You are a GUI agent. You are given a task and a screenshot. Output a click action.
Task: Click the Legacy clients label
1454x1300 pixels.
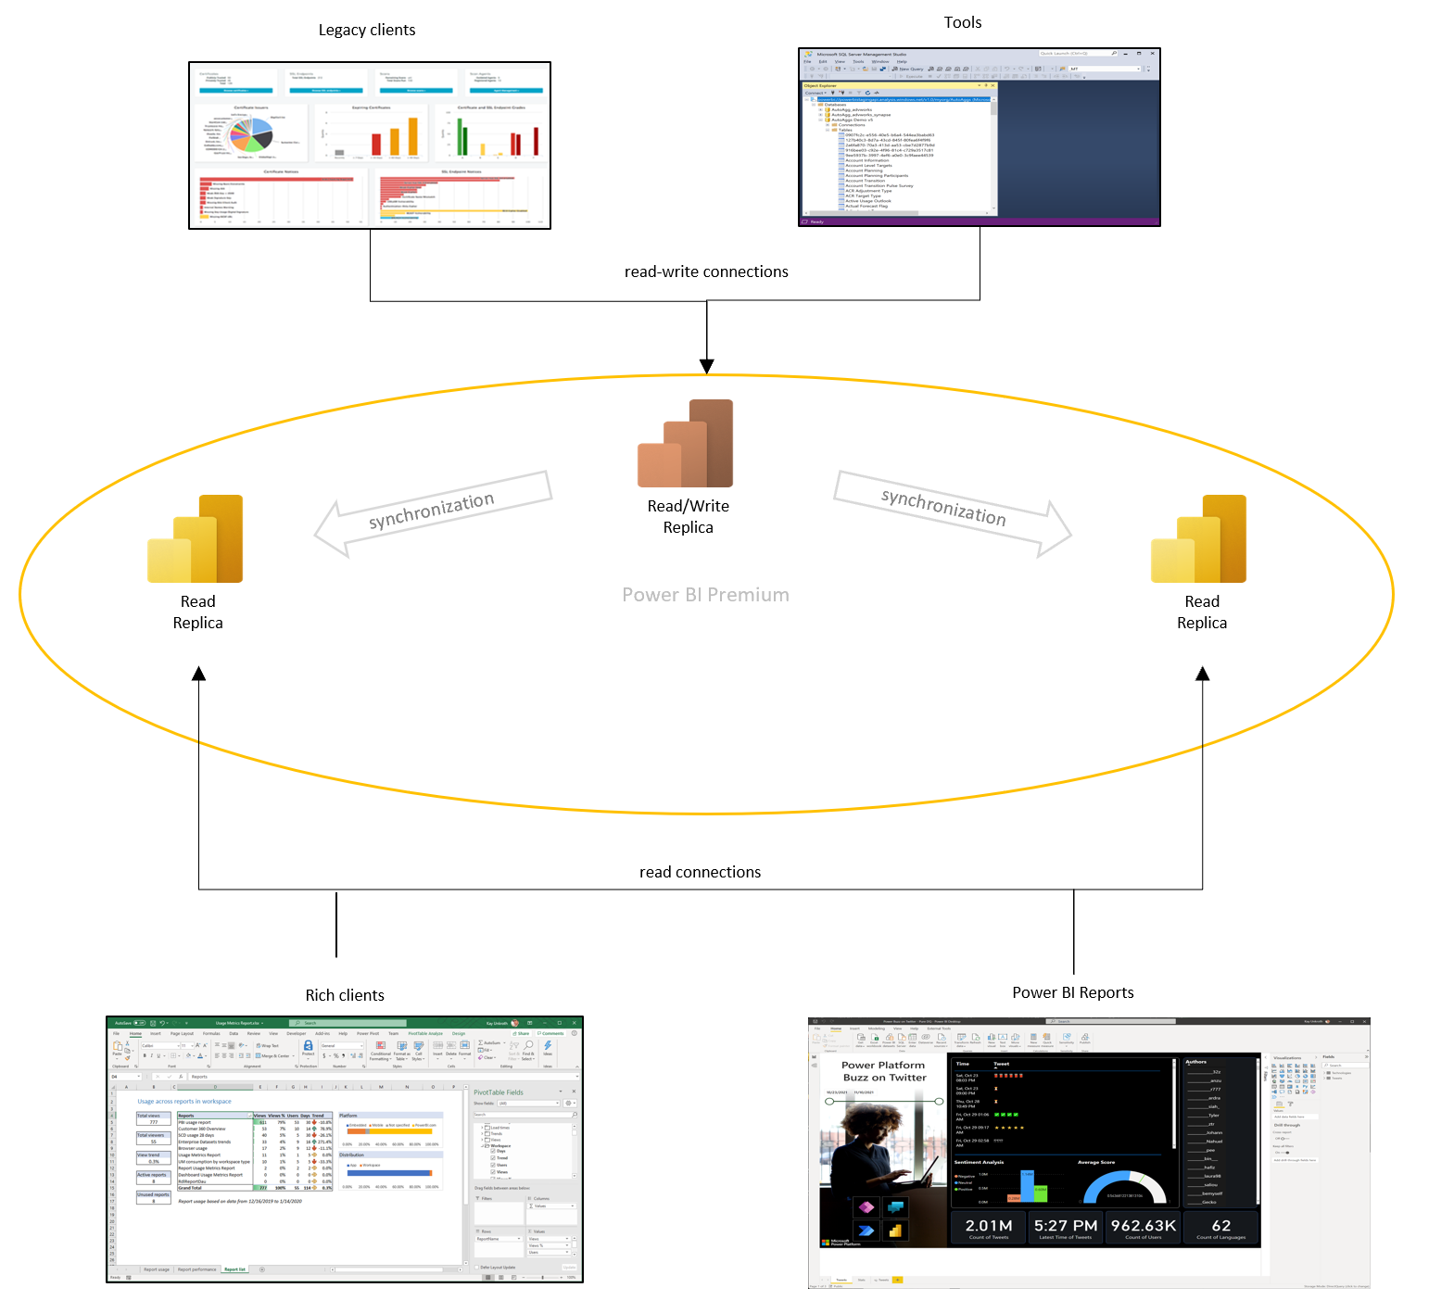[x=367, y=30]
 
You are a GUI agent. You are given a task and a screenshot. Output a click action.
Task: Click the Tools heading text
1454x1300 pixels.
[x=962, y=22]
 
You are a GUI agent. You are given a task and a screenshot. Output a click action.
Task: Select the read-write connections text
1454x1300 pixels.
[x=706, y=271]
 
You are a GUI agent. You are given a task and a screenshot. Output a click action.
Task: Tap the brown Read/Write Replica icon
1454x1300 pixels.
[x=686, y=444]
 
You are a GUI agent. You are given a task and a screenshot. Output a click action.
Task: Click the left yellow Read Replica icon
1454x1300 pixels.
[x=196, y=539]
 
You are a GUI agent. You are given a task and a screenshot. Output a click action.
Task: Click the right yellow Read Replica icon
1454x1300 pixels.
[x=1198, y=539]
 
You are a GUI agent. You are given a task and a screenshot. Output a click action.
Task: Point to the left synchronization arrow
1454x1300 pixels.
[x=432, y=512]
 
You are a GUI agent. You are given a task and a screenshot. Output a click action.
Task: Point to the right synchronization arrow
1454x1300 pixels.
[x=952, y=511]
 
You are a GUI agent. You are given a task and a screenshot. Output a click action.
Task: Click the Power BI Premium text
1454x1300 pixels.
[x=705, y=595]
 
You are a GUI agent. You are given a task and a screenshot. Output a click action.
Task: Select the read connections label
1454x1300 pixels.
[x=700, y=872]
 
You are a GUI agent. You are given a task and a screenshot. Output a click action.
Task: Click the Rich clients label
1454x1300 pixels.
[x=345, y=995]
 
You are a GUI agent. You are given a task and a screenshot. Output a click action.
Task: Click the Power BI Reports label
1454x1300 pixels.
[x=1072, y=992]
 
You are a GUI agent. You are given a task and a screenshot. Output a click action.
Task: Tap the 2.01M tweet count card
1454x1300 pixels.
[x=989, y=1228]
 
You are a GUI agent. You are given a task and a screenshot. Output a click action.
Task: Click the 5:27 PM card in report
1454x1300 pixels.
[x=1066, y=1228]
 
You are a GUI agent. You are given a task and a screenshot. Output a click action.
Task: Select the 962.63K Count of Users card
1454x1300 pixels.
[x=1143, y=1228]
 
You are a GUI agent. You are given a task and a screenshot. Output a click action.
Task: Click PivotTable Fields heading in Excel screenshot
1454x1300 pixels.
[x=499, y=1092]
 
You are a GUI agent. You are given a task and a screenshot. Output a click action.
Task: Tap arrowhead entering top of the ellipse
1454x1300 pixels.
[x=707, y=366]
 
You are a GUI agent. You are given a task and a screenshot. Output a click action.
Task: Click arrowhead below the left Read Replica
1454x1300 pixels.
[x=198, y=674]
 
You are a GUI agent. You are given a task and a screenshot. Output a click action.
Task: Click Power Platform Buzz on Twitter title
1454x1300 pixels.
[x=883, y=1071]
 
